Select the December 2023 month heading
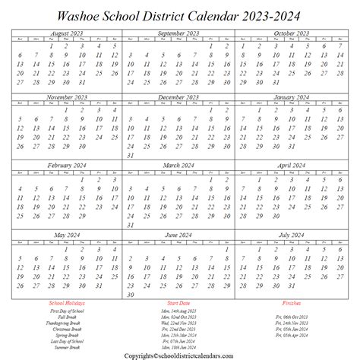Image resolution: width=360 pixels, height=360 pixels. (x=179, y=98)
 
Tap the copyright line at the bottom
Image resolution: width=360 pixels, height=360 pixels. (x=180, y=354)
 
